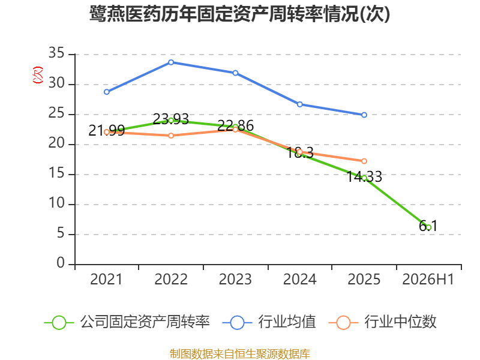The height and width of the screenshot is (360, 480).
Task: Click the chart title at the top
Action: (239, 14)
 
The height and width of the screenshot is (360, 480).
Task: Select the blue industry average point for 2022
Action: (171, 62)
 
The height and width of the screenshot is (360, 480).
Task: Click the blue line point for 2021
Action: (107, 92)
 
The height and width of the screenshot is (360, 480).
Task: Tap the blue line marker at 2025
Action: (364, 115)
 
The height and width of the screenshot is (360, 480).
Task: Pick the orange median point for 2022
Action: (171, 136)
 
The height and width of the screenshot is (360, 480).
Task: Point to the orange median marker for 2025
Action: (364, 161)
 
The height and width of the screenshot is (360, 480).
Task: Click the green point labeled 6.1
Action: (428, 227)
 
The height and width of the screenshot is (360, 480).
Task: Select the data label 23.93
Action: (171, 119)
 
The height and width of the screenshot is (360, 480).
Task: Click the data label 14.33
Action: (364, 176)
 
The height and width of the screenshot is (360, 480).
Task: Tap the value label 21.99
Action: (107, 131)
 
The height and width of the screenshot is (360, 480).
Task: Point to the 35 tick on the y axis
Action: (56, 53)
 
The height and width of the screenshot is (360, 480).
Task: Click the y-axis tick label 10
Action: (56, 203)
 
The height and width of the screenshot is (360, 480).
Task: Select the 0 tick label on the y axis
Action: (61, 263)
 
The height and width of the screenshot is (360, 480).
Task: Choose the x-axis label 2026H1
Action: (428, 280)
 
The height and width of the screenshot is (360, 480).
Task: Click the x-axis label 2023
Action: (235, 280)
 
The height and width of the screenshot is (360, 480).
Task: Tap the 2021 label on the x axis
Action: (106, 280)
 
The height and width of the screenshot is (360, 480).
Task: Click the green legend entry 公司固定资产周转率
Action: (127, 322)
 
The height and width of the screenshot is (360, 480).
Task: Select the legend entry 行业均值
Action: (269, 322)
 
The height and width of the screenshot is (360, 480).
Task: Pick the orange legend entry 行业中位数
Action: (382, 322)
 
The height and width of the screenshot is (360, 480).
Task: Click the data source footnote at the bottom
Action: (240, 354)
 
